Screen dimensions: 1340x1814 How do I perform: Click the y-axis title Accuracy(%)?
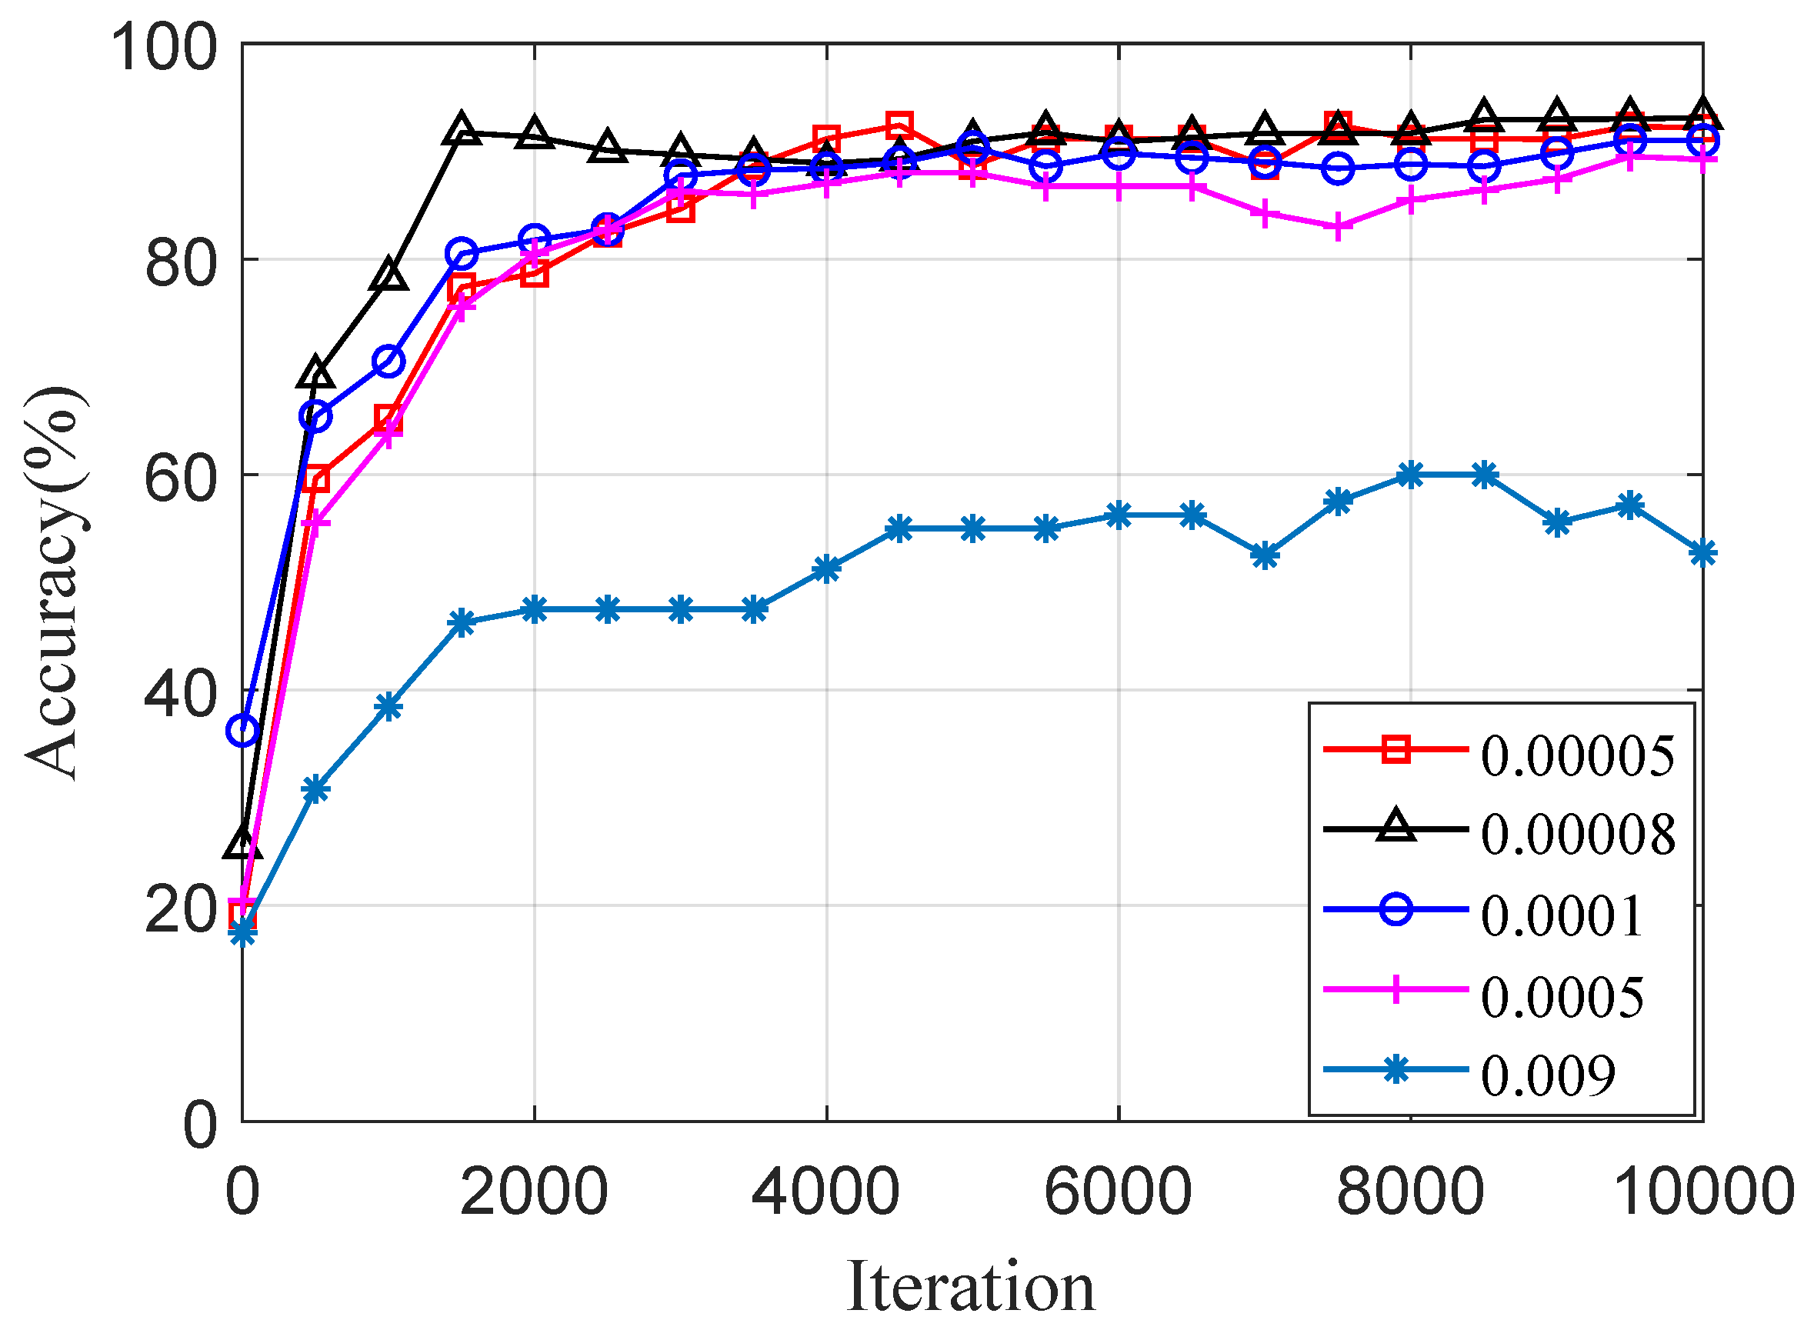(54, 583)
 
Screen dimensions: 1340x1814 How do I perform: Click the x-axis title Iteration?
(970, 1287)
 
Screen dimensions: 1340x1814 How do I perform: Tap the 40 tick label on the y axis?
(181, 694)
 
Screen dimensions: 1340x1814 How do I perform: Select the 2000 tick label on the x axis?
(534, 1192)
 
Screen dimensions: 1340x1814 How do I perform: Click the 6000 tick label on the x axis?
(1118, 1192)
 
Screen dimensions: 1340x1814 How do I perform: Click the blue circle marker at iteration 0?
(242, 731)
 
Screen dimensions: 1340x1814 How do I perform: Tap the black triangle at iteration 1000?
(389, 276)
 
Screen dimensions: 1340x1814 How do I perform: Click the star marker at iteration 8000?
(1411, 475)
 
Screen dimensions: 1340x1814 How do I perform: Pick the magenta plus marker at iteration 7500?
(1338, 228)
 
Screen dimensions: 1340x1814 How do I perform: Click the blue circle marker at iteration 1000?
(389, 361)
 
